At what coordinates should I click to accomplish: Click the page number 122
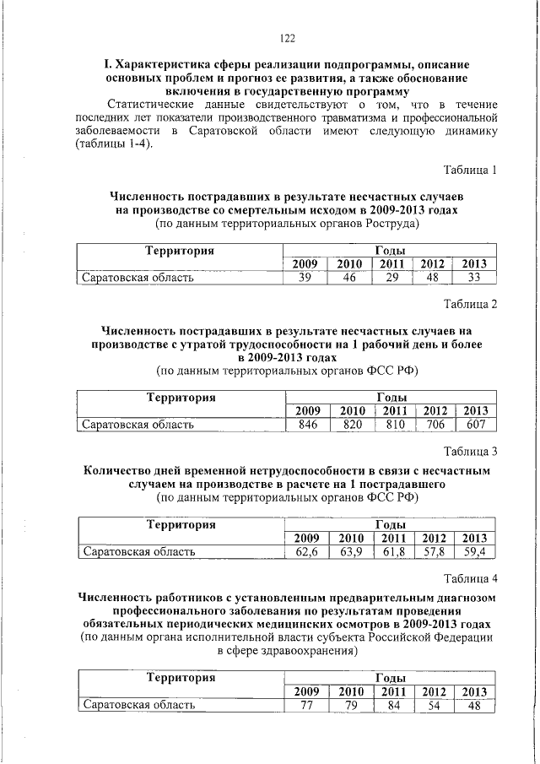point(286,37)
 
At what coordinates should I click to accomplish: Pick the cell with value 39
point(305,278)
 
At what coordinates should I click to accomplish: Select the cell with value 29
point(391,278)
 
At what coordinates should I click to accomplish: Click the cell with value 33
point(474,278)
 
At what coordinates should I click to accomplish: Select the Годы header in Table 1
point(389,251)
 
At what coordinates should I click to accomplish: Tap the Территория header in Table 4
point(181,678)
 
